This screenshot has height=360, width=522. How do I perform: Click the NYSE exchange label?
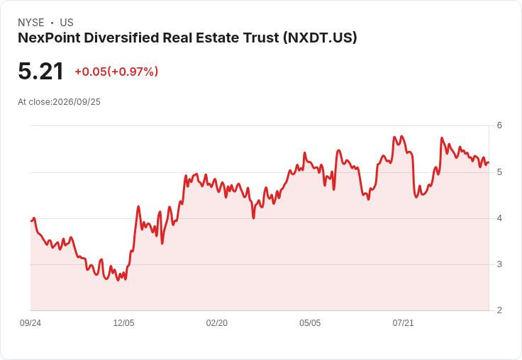(x=31, y=23)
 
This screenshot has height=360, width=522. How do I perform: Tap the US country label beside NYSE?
(x=67, y=23)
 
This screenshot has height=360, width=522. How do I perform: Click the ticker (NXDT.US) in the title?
(x=320, y=38)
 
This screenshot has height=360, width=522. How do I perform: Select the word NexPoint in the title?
(x=49, y=38)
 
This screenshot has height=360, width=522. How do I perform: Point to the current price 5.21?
(x=40, y=71)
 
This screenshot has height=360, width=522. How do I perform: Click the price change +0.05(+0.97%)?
(x=116, y=72)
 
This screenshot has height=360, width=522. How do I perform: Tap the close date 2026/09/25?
(x=77, y=102)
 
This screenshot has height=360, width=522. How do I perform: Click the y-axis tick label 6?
(x=499, y=125)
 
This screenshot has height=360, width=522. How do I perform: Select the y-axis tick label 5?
(x=499, y=172)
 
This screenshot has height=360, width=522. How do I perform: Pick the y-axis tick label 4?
(x=499, y=218)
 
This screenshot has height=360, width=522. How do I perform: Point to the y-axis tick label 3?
(x=499, y=264)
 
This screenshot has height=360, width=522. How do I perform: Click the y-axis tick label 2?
(x=499, y=310)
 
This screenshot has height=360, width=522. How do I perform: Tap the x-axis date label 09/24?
(x=30, y=323)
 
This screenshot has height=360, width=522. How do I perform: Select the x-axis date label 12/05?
(x=123, y=323)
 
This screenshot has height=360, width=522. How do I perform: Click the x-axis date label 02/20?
(x=217, y=323)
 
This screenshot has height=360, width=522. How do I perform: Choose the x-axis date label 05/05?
(x=310, y=323)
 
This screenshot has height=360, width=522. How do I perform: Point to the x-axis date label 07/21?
(x=403, y=323)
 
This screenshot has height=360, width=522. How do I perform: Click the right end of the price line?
(x=489, y=162)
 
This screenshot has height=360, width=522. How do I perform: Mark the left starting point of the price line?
(x=31, y=221)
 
